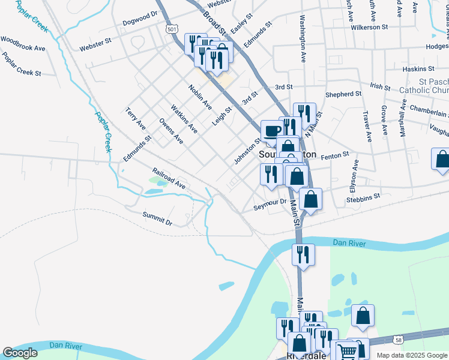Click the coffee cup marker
click(x=272, y=131)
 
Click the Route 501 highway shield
click(x=172, y=29)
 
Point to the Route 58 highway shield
click(x=399, y=340)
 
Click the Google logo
click(x=20, y=353)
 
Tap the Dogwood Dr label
click(x=139, y=18)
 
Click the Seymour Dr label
click(x=270, y=203)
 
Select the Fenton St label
click(x=335, y=156)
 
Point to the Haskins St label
click(x=418, y=69)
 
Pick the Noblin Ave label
click(x=200, y=97)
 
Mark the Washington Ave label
click(x=303, y=39)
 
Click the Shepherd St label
click(x=343, y=94)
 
